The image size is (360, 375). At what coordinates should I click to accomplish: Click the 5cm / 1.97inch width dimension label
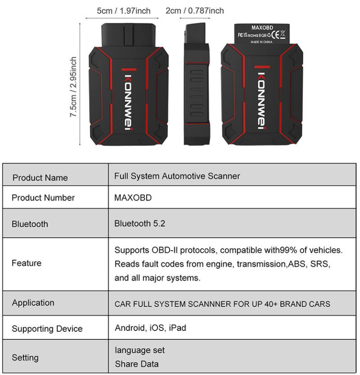point(123,11)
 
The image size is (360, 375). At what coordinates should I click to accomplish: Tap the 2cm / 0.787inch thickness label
point(195,10)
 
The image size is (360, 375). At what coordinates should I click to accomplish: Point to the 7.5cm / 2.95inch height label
point(73,87)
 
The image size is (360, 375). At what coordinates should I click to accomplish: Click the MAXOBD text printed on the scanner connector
point(262,28)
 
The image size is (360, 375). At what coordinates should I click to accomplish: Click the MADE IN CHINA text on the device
point(262,42)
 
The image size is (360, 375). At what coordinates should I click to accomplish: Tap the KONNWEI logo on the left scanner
point(128,102)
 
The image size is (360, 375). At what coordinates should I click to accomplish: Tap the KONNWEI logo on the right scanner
point(262,100)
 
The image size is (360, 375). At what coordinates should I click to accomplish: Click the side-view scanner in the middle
point(196,84)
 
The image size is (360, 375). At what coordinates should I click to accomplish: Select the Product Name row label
point(40,178)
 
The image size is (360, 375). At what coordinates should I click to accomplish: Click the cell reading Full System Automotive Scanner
point(177,176)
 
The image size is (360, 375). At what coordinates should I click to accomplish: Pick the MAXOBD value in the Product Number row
point(133,198)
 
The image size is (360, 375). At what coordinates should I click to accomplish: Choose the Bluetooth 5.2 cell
point(140,224)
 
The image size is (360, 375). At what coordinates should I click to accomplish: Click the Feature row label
point(27,263)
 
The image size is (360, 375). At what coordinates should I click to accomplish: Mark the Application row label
point(33,303)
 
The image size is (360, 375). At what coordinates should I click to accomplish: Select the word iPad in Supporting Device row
point(178,328)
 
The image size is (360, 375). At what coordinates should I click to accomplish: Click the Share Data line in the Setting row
point(137,364)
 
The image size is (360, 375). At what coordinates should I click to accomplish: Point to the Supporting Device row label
point(47,329)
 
